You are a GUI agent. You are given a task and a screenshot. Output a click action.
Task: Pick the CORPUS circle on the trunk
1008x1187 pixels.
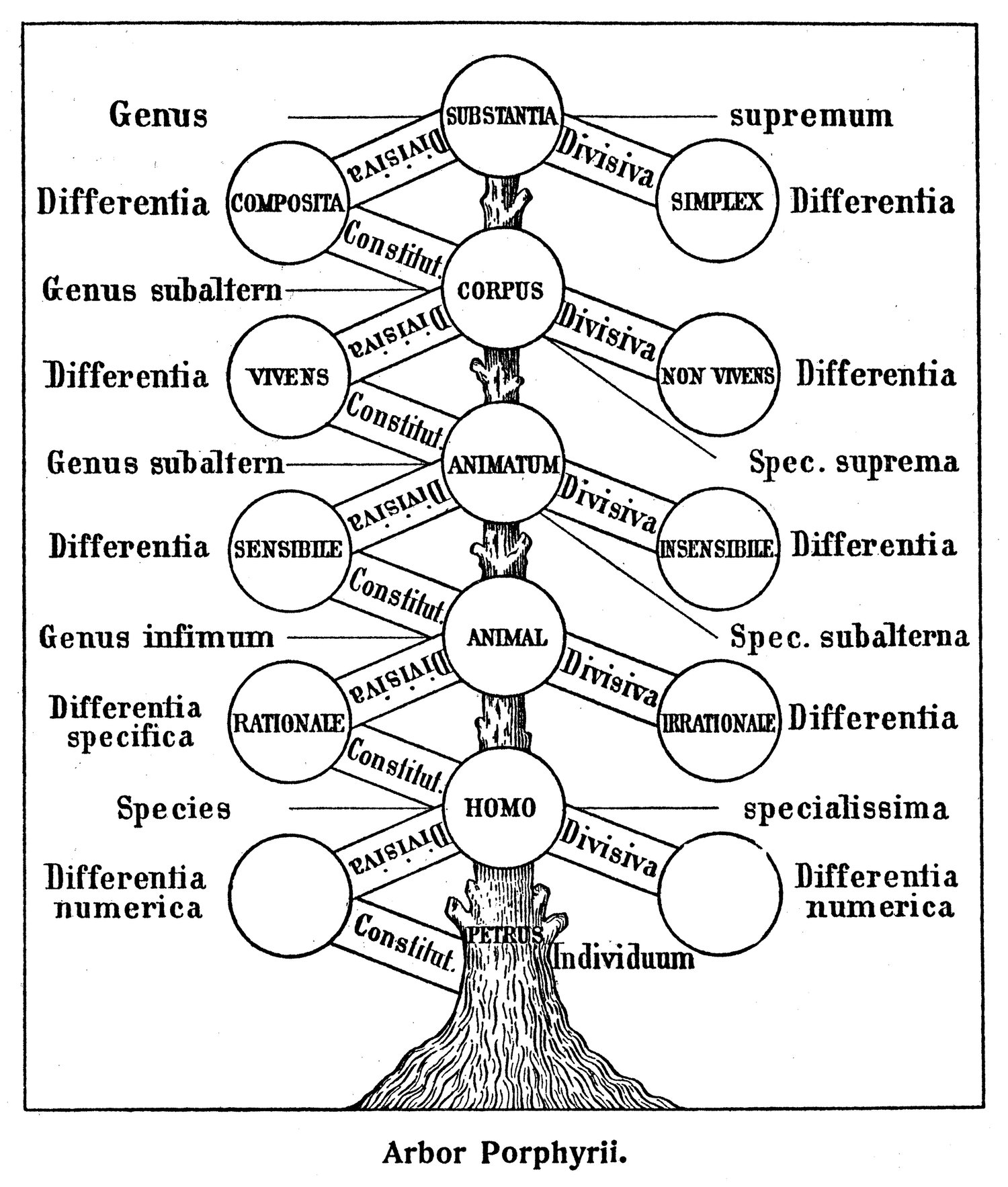point(501,290)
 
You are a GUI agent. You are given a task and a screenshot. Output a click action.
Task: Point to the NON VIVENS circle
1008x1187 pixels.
point(718,375)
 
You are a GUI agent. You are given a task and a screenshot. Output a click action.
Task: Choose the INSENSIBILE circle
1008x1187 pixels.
point(718,548)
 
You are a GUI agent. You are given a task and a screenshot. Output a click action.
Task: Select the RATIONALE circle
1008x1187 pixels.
point(289,723)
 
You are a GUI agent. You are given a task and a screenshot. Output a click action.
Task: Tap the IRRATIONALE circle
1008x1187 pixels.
point(718,723)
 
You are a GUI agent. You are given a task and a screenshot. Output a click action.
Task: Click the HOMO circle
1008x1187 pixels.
point(501,807)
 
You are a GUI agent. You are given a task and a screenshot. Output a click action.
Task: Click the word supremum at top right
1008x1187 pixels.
point(811,116)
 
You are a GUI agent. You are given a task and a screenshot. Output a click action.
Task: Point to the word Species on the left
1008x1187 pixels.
point(173,808)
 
